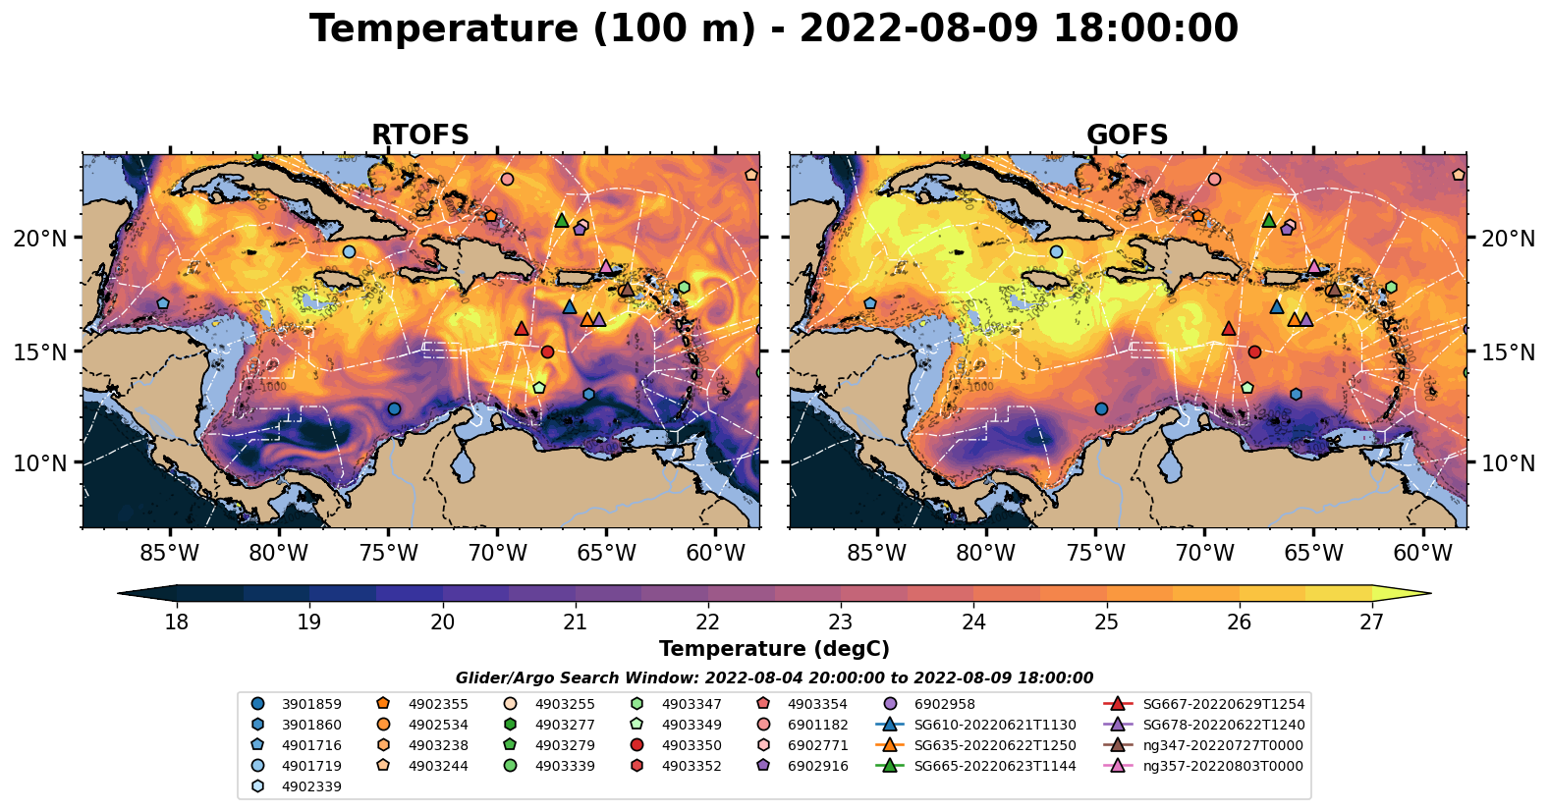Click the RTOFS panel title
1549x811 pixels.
pos(419,135)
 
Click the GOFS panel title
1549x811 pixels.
pos(1127,135)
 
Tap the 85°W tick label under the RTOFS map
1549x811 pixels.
pos(169,553)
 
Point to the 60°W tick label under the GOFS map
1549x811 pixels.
pos(1422,553)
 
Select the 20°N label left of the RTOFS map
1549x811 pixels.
pos(40,239)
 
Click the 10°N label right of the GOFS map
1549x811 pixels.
pos(1508,463)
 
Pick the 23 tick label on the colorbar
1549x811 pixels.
pos(840,622)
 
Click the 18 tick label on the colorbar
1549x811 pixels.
pos(176,622)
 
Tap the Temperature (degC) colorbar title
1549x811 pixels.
pos(774,649)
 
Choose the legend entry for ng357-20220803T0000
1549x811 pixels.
pos(1223,766)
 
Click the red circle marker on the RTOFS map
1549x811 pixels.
pos(547,351)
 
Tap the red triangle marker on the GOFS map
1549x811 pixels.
pos(1228,328)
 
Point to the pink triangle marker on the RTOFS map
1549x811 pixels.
pos(606,266)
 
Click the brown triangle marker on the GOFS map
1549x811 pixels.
pos(1333,289)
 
